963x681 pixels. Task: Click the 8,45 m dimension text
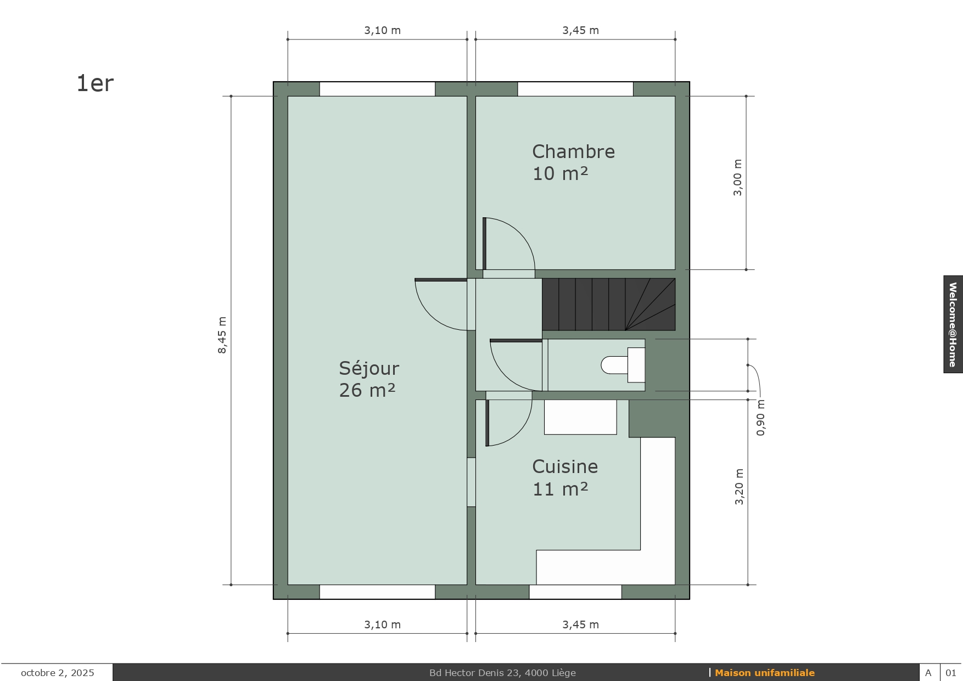click(x=222, y=335)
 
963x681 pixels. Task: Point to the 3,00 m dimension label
click(x=737, y=177)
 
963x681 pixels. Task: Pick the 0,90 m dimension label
click(x=760, y=418)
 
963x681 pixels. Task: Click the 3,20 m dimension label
click(x=739, y=487)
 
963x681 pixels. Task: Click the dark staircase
click(x=608, y=305)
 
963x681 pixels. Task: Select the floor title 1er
click(x=95, y=83)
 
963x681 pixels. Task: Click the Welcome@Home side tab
click(x=953, y=324)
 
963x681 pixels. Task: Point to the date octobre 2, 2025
click(x=58, y=673)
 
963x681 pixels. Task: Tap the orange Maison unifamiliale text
click(x=765, y=673)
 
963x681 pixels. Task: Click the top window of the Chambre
click(x=575, y=89)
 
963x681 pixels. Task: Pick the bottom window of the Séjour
click(x=377, y=592)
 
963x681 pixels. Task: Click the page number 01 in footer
click(x=951, y=673)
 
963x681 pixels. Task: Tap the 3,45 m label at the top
click(x=580, y=31)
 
